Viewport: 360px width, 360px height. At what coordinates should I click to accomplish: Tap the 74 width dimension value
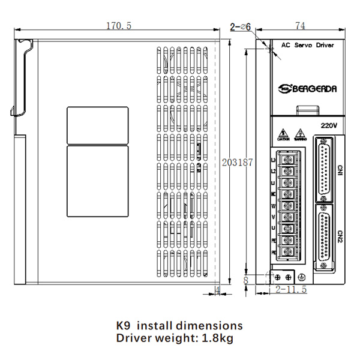pyautogui.click(x=301, y=25)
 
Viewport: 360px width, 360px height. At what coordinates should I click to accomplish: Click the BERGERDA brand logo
pyautogui.click(x=307, y=89)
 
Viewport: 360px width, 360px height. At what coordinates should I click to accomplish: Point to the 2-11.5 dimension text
pyautogui.click(x=292, y=290)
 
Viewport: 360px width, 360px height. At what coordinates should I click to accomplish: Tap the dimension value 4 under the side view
pyautogui.click(x=218, y=290)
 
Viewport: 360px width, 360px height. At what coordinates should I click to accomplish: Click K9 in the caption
pyautogui.click(x=123, y=326)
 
